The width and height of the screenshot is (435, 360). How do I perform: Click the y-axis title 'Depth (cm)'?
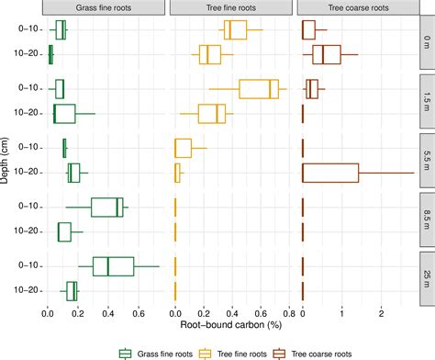8,160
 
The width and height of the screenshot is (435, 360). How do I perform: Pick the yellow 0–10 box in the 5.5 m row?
184,148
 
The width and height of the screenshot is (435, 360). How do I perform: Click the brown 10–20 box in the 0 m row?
327,55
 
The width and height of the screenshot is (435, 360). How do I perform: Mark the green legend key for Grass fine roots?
127,351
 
